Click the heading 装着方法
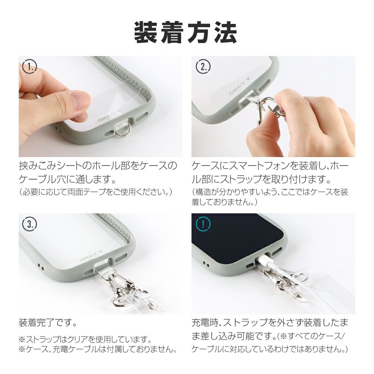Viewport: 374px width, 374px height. (186, 33)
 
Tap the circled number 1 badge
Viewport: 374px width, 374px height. (30, 67)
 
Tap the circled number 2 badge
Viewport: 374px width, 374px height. (203, 67)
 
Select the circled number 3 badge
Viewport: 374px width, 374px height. (30, 224)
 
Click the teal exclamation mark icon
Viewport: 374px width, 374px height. (203, 224)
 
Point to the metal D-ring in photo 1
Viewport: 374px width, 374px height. (120, 131)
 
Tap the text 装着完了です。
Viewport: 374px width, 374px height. (48, 323)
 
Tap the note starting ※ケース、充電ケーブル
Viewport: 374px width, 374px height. (98, 349)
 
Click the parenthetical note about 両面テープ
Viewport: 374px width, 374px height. (96, 192)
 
